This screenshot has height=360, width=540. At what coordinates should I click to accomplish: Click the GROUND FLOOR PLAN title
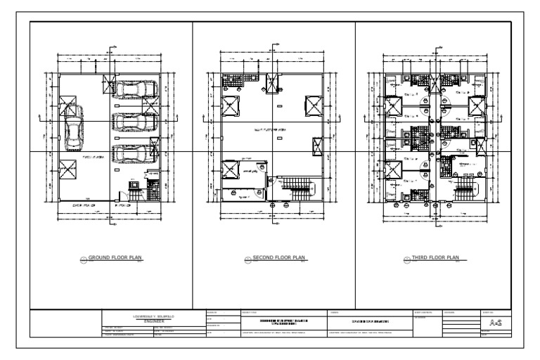[x=115, y=258]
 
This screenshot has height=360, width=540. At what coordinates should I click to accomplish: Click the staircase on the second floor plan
[x=295, y=190]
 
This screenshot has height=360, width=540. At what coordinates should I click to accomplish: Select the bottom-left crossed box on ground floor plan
[x=68, y=170]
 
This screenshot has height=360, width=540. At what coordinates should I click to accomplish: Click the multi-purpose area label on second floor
[x=269, y=131]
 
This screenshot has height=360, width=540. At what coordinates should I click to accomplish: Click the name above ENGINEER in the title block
[x=152, y=316]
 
